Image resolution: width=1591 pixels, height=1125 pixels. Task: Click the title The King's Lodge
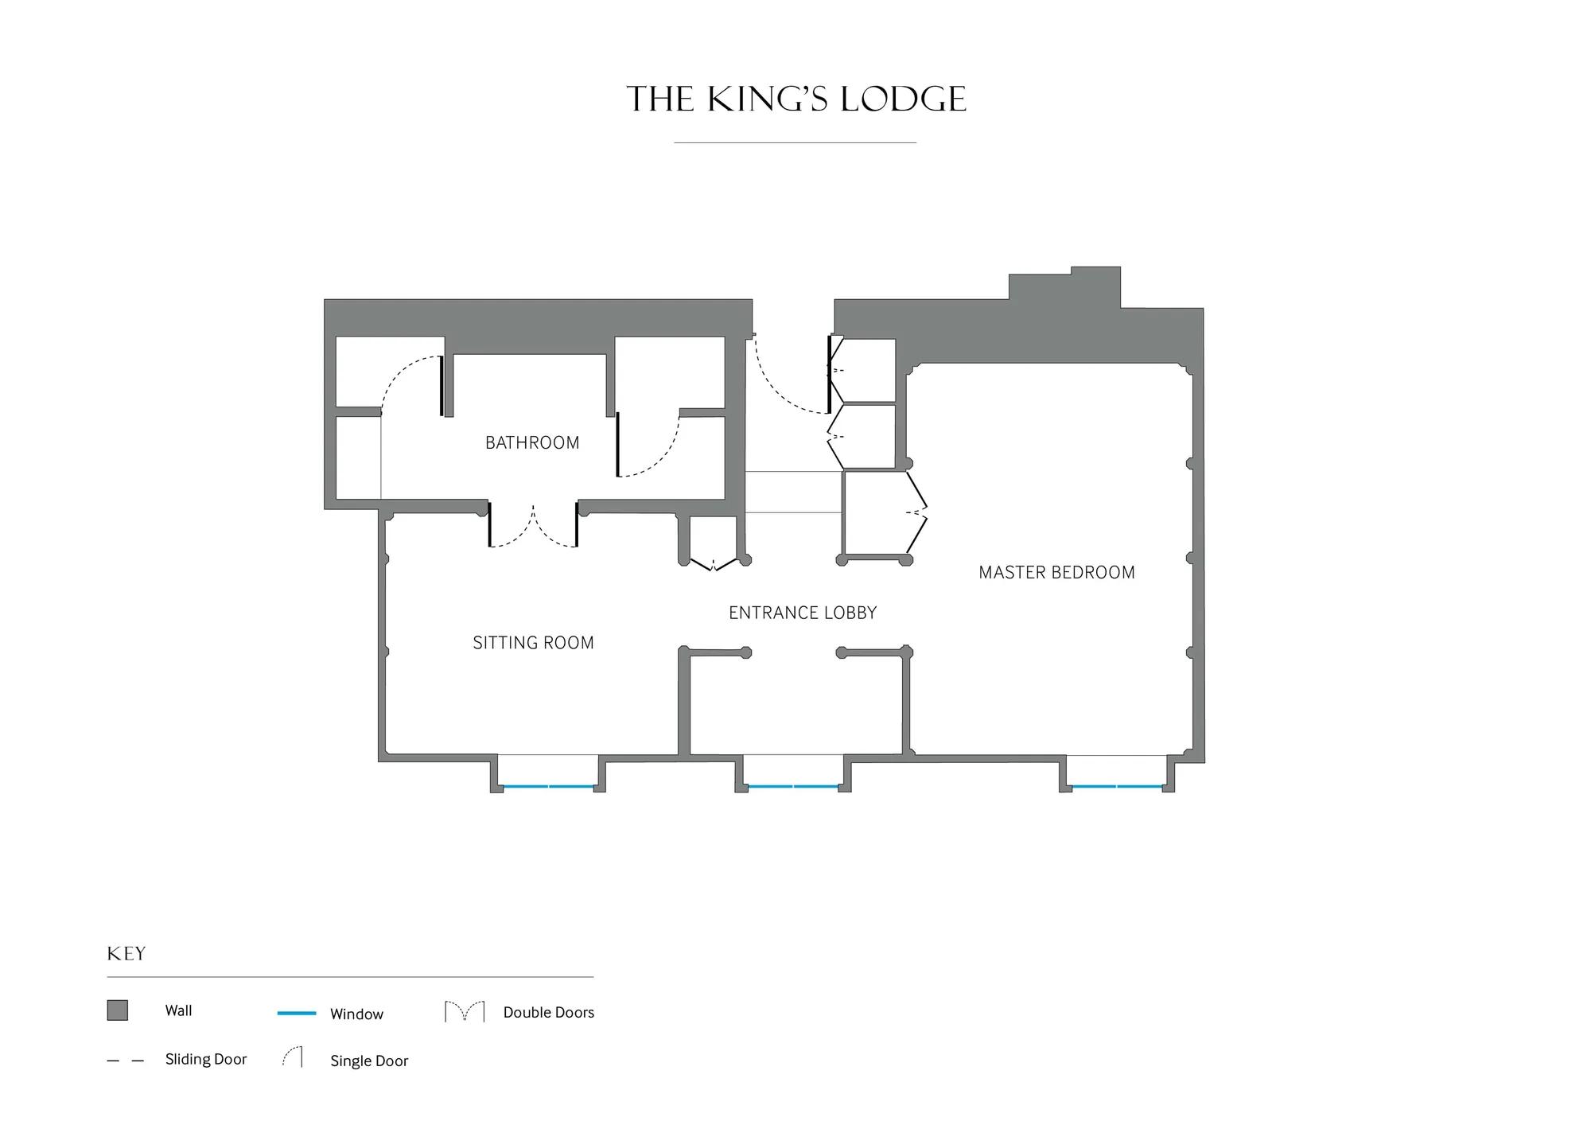click(796, 99)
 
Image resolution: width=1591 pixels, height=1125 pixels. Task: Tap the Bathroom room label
click(532, 442)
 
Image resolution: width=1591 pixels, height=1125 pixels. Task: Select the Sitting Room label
click(533, 643)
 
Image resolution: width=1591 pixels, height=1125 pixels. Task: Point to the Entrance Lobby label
click(803, 613)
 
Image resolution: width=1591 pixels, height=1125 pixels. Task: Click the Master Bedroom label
click(1056, 572)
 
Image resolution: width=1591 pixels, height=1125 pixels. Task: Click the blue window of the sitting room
click(549, 787)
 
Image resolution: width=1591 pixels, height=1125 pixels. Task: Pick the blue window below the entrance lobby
click(793, 787)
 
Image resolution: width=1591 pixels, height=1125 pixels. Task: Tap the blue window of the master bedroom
click(1117, 787)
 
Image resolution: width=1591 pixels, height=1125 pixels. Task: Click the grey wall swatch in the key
click(118, 1010)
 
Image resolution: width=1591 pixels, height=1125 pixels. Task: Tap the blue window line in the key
click(297, 1014)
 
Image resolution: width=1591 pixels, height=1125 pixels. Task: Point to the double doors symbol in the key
click(465, 1012)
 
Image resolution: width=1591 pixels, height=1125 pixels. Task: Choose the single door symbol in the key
click(293, 1057)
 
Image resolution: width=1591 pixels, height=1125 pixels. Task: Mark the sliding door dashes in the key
click(126, 1061)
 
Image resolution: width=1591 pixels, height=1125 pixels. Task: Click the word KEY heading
click(126, 954)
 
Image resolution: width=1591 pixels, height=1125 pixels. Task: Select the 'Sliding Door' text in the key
click(206, 1059)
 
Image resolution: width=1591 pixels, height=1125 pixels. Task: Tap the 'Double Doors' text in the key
click(549, 1012)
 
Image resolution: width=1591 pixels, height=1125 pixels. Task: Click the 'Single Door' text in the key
click(369, 1061)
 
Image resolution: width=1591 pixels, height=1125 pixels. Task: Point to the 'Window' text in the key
click(356, 1014)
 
